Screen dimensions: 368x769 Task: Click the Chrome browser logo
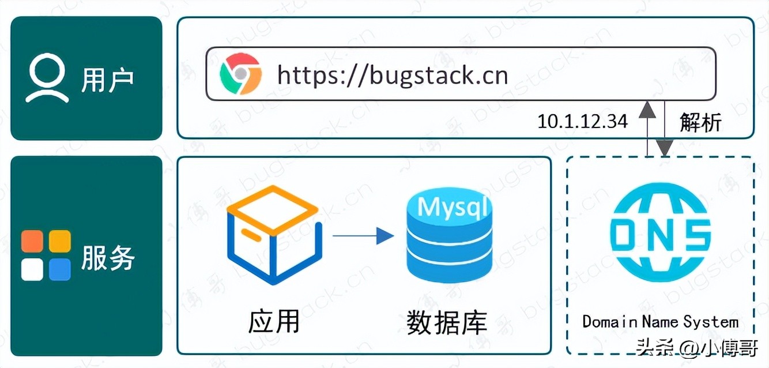tap(240, 74)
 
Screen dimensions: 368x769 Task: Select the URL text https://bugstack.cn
tap(392, 75)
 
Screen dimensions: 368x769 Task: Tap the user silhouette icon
tap(47, 79)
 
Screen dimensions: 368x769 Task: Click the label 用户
tap(108, 79)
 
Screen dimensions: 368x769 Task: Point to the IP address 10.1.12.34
tap(582, 122)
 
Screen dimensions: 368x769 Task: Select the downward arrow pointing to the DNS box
tap(665, 133)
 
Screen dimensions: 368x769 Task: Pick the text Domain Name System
tap(660, 321)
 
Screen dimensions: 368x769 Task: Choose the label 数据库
tap(447, 322)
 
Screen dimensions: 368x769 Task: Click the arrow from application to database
tap(363, 235)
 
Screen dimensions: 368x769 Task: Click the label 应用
tap(274, 322)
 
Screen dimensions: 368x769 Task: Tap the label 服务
tap(108, 257)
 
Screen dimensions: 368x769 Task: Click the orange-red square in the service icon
tap(32, 241)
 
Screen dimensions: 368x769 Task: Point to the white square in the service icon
tap(32, 269)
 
